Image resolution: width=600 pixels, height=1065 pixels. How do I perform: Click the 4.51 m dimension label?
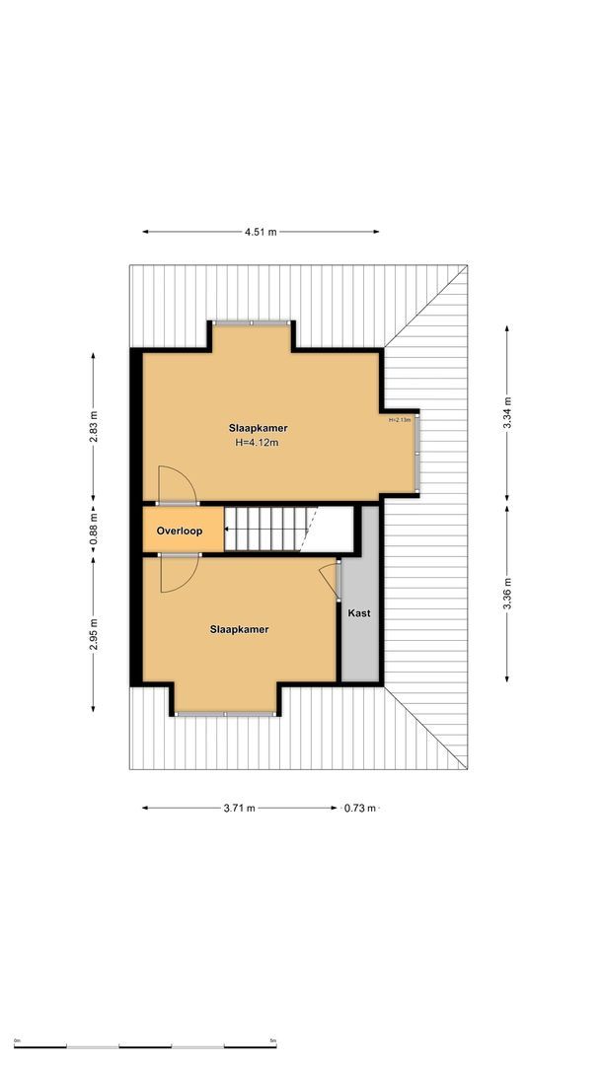[261, 232]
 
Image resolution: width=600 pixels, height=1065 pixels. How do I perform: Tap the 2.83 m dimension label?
[94, 432]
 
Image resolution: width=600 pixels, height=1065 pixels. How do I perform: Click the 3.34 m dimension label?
[507, 410]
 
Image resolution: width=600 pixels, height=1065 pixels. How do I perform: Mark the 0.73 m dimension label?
[359, 809]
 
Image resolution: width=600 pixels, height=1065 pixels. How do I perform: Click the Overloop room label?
[179, 532]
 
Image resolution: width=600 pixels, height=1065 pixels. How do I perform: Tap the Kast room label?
[359, 613]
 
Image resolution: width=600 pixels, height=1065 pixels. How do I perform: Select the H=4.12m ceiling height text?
[257, 444]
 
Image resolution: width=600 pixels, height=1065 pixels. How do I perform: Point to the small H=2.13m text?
[400, 420]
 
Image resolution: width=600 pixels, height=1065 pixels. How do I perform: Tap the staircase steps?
[266, 530]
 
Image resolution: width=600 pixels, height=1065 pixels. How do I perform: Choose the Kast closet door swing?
[330, 579]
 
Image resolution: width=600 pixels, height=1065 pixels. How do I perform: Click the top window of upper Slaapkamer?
[252, 322]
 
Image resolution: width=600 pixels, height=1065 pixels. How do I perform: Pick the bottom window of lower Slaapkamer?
[226, 713]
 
